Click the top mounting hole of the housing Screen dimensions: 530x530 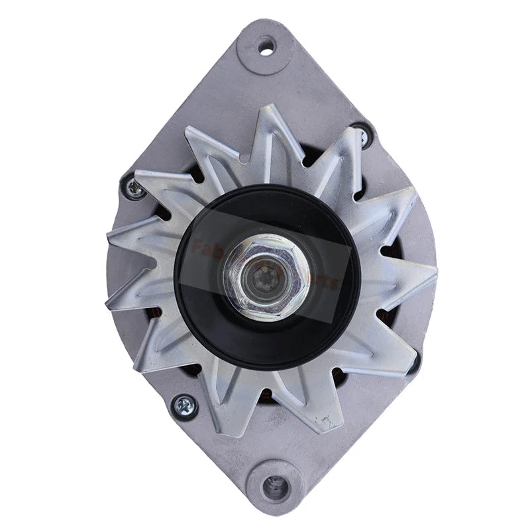[266, 47]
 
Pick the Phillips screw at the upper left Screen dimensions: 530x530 [136, 189]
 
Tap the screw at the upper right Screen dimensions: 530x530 [362, 136]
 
